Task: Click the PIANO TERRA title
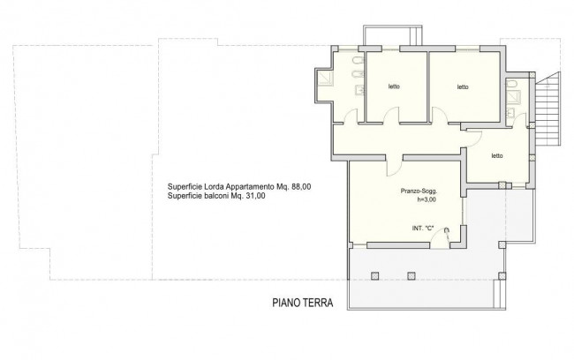click(x=303, y=303)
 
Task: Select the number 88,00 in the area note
click(x=301, y=186)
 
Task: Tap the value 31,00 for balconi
click(x=255, y=196)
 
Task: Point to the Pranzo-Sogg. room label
click(x=419, y=191)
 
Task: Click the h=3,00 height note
click(x=427, y=199)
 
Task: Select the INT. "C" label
click(x=423, y=228)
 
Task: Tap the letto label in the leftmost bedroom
click(x=394, y=86)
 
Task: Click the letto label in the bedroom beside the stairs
click(x=497, y=156)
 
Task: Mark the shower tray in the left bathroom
click(x=326, y=79)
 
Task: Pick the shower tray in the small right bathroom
click(x=514, y=96)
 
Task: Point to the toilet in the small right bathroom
click(x=512, y=85)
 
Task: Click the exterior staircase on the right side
click(x=548, y=109)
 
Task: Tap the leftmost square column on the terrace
click(x=374, y=276)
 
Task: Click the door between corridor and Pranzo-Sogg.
click(x=394, y=168)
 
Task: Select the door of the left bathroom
click(x=351, y=116)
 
